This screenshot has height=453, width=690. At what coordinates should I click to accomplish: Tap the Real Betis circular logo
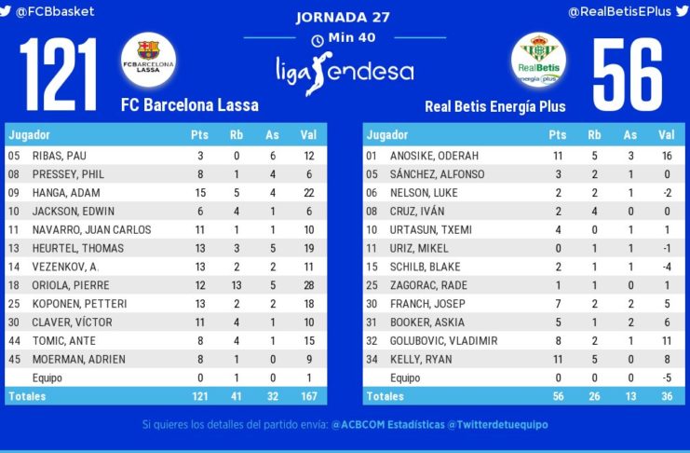[537, 60]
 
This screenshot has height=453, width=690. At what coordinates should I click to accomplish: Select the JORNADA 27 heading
[343, 17]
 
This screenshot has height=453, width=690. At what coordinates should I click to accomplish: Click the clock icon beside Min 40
[318, 40]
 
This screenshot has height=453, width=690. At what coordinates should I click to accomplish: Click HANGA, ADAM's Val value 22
[308, 192]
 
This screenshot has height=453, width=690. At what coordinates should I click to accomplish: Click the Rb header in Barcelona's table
[237, 135]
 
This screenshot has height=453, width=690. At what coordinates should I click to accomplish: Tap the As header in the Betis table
[630, 135]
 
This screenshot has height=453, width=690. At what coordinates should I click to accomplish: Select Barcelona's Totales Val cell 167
[308, 397]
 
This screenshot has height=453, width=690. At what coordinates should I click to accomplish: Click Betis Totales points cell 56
[557, 397]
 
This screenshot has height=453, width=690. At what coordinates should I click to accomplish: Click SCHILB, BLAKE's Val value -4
[667, 267]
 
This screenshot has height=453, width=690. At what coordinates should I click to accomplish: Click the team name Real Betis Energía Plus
[494, 106]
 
